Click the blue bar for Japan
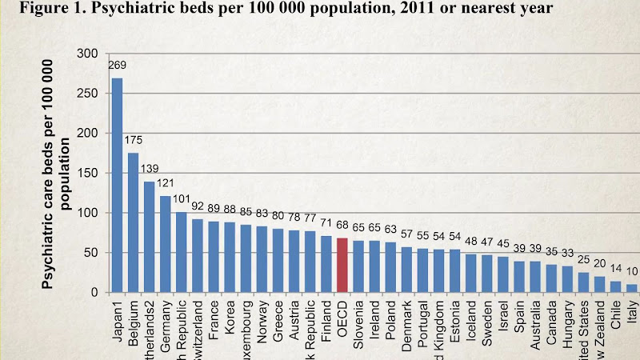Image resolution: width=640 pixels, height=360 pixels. pos(117,186)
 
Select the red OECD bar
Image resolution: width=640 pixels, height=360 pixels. pos(342,266)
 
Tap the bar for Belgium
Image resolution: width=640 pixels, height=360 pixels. pos(133,222)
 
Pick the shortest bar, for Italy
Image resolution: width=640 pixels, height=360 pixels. pos(632,289)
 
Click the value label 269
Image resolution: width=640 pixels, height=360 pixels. pos(118,65)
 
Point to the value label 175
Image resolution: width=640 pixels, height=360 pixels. pos(134,140)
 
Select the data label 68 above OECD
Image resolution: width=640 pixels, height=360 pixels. pos(342,226)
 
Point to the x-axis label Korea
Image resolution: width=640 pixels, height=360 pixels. pos(230,319)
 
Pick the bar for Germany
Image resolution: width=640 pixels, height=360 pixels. pos(166,244)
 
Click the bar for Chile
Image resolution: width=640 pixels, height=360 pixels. pos(616,287)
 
